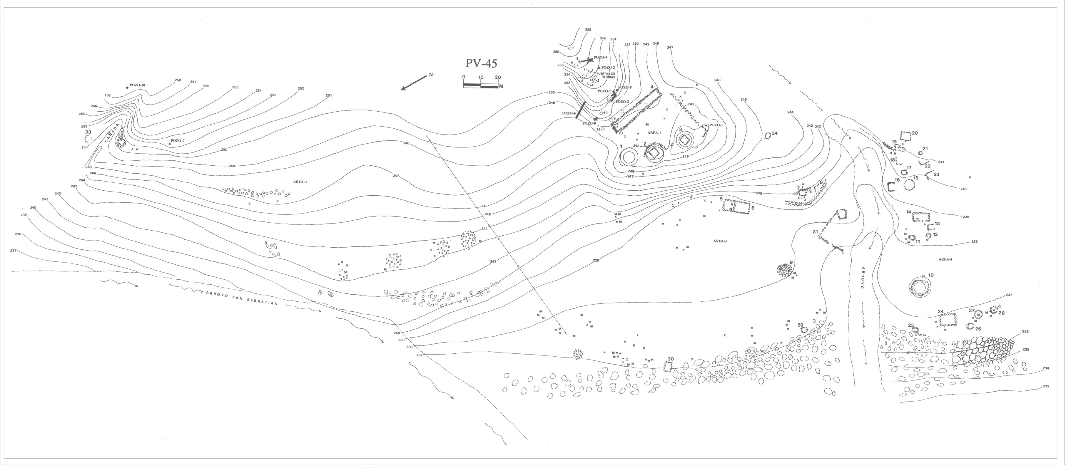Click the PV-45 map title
(x=481, y=63)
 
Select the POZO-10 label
(x=137, y=85)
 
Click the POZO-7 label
(x=178, y=141)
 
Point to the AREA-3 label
(x=300, y=182)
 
